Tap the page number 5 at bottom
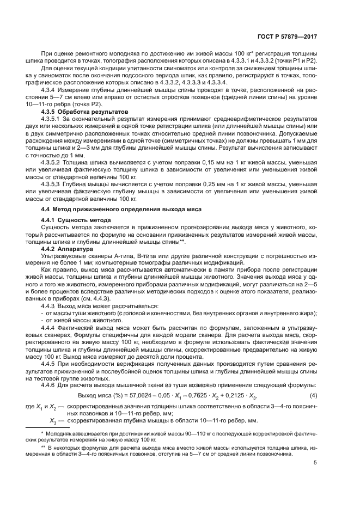pyautogui.click(x=315, y=464)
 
